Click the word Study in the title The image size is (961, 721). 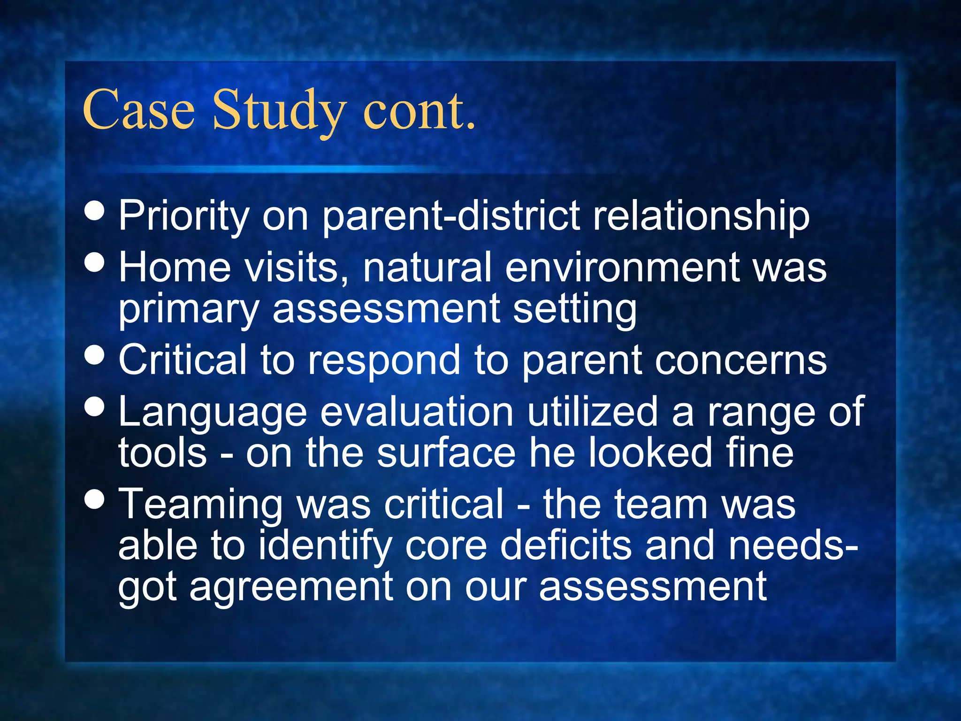(279, 110)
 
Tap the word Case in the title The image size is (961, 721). (138, 110)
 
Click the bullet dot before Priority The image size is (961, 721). (96, 211)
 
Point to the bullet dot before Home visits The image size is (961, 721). (96, 262)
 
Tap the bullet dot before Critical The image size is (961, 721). (96, 355)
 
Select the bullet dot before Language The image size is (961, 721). (96, 407)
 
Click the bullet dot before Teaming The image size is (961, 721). (96, 499)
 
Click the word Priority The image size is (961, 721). (183, 216)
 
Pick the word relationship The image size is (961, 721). (701, 216)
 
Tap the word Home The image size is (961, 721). (175, 267)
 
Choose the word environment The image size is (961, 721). (622, 267)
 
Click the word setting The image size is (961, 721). (574, 310)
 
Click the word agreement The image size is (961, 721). (291, 588)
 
